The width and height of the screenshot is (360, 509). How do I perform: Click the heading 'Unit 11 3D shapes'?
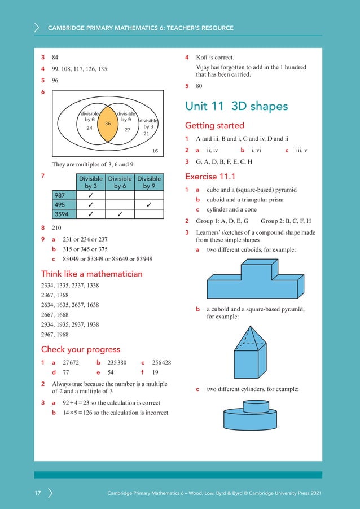(x=236, y=107)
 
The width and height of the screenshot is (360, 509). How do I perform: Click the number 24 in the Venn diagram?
(x=89, y=128)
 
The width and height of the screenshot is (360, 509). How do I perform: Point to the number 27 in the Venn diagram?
(x=128, y=130)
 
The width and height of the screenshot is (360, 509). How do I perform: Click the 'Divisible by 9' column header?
(x=149, y=182)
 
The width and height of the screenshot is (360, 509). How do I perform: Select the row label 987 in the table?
(x=60, y=195)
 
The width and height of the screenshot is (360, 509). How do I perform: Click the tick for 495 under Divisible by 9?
(x=149, y=204)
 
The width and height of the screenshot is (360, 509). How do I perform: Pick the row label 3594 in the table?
(x=62, y=214)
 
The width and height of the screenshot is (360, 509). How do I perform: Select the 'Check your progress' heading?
(x=80, y=349)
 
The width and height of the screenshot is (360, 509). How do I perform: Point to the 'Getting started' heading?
(x=214, y=125)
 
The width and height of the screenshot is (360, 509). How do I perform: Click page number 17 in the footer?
(x=38, y=494)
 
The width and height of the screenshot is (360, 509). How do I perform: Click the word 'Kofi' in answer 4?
(x=202, y=58)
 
